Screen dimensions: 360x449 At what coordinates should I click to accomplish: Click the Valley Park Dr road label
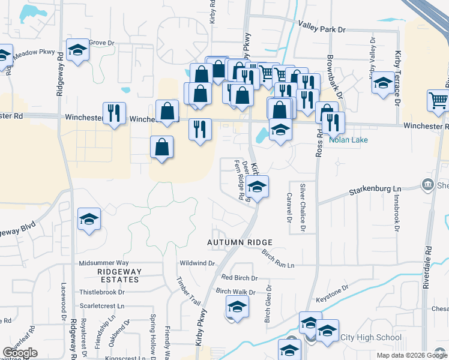322,28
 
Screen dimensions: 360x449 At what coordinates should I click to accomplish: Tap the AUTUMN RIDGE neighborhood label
240,242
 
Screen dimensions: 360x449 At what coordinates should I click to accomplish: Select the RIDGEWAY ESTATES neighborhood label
105,276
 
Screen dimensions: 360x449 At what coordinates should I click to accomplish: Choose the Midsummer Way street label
104,263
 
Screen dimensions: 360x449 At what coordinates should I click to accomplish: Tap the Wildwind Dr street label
197,263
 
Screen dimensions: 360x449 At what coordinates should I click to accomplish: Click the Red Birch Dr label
239,278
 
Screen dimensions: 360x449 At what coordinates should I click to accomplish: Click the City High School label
371,337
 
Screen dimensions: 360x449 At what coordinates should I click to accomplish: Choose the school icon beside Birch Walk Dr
237,308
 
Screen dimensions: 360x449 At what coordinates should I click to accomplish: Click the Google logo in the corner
20,353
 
